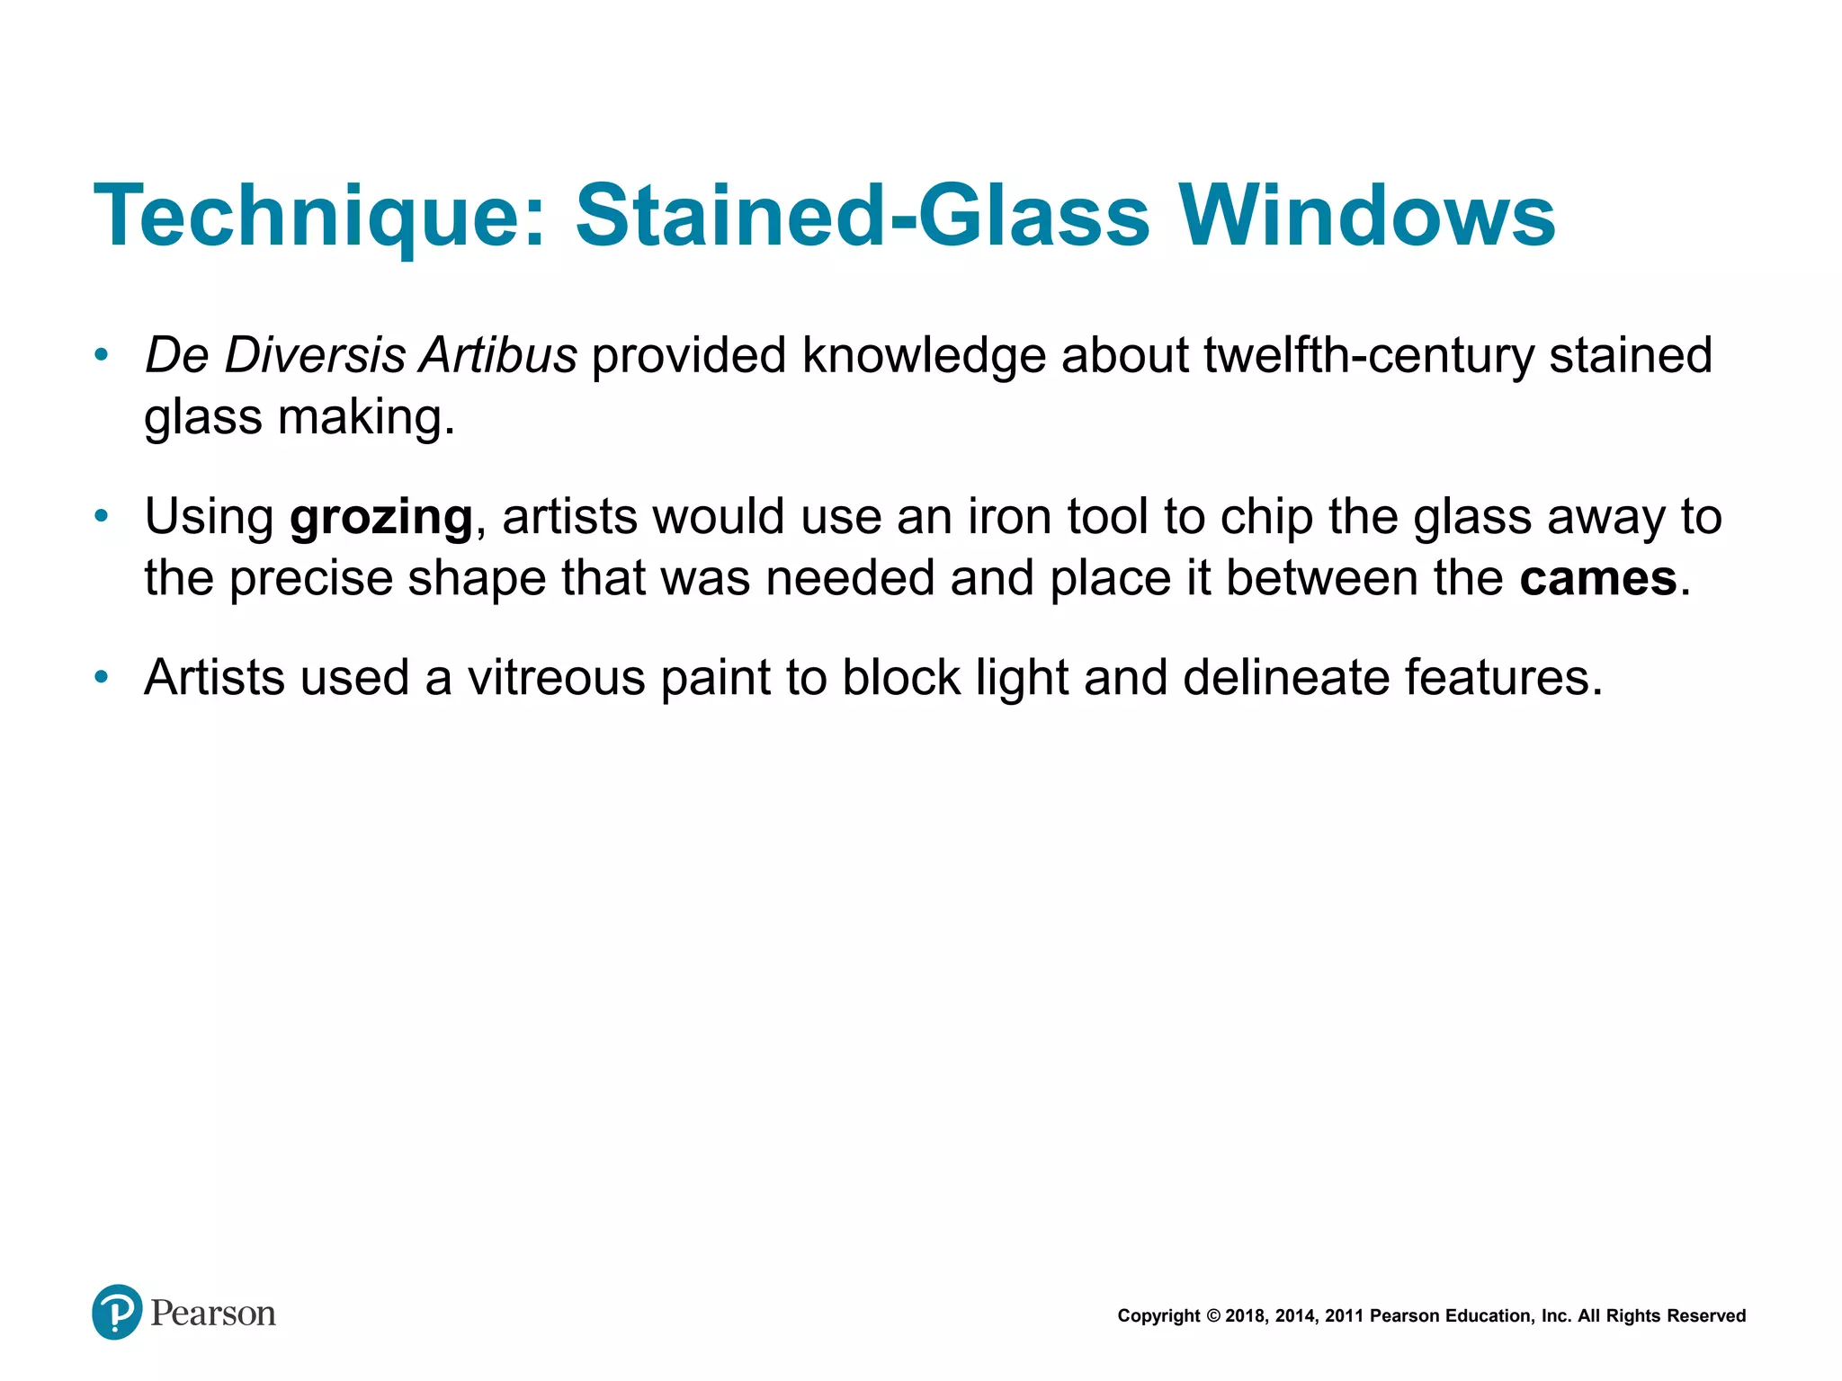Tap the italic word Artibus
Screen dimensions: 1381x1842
click(498, 355)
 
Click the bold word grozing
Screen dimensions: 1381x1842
click(381, 518)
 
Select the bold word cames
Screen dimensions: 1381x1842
click(1598, 578)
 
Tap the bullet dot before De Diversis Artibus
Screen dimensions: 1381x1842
click(102, 354)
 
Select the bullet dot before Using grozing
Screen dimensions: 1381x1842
click(102, 516)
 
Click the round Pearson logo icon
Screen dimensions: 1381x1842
click(117, 1312)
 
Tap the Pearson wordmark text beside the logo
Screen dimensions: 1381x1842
click(213, 1314)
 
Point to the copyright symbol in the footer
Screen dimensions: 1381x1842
click(1212, 1316)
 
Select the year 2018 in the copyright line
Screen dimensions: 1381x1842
click(1245, 1316)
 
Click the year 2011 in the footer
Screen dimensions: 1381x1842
click(1345, 1316)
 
